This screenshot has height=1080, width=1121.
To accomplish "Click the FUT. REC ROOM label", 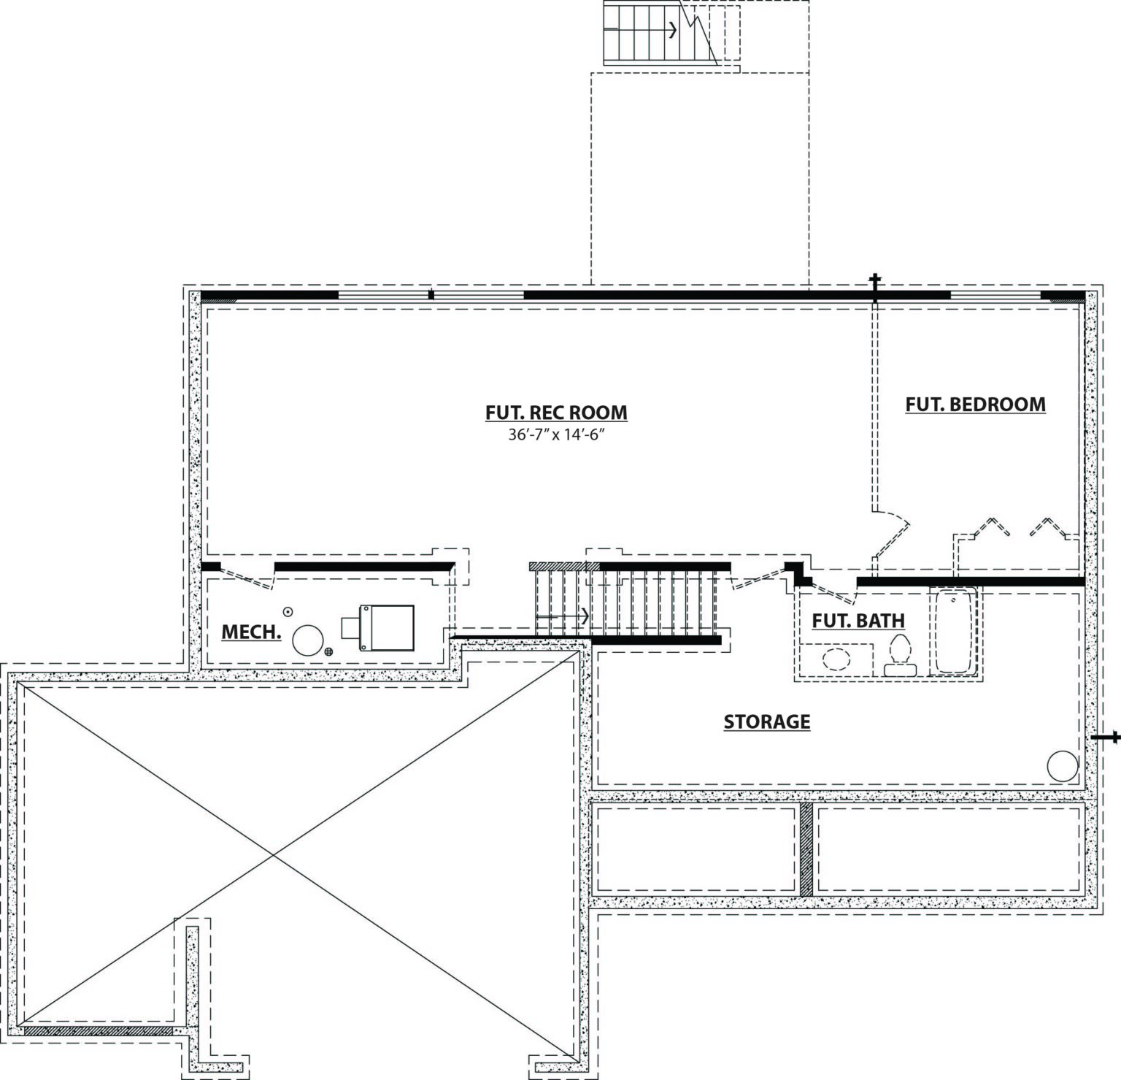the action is tap(556, 413).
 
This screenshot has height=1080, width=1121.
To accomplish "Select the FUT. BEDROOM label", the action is tap(975, 404).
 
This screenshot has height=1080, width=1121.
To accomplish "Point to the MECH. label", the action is tap(251, 632).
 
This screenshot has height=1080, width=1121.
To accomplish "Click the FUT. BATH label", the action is tap(858, 621).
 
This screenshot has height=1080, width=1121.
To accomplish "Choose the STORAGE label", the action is tap(767, 721).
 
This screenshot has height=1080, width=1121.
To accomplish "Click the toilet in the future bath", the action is tap(899, 655).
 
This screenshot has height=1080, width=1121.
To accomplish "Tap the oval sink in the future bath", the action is tap(837, 659).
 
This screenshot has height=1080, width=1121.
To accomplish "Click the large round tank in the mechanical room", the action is tap(308, 640).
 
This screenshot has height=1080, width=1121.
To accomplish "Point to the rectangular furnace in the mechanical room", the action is tap(378, 628).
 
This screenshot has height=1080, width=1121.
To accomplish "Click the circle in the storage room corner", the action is tap(1062, 767).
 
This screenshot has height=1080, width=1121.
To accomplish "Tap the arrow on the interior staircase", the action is tap(563, 616).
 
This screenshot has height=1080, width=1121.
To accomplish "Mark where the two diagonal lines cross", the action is tap(273, 854).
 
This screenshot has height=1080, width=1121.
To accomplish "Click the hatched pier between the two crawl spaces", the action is tap(806, 850).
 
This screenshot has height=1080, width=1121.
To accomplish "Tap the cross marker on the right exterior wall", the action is tap(1105, 738).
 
